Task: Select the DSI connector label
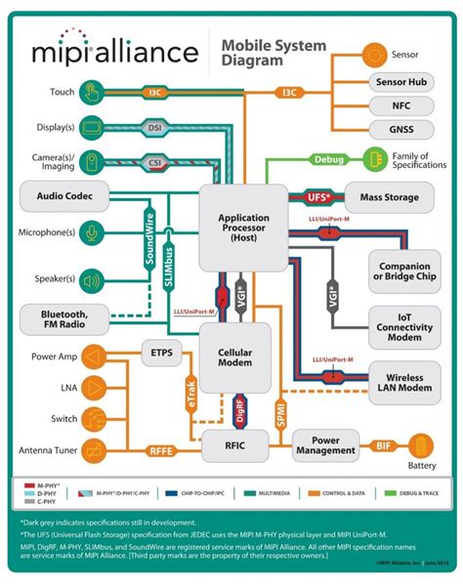pyautogui.click(x=153, y=127)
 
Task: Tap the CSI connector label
pyautogui.click(x=153, y=162)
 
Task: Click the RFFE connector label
pyautogui.click(x=161, y=450)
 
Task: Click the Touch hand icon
pyautogui.click(x=91, y=93)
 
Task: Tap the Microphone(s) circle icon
pyautogui.click(x=91, y=233)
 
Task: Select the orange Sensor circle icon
pyautogui.click(x=373, y=55)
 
